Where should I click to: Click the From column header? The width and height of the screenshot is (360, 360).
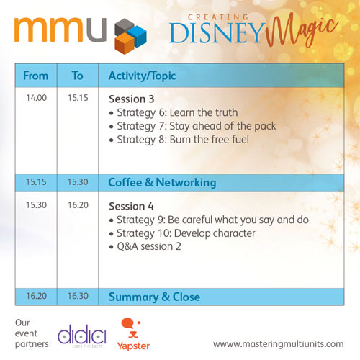coord(36,76)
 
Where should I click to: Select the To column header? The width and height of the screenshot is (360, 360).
coord(78,76)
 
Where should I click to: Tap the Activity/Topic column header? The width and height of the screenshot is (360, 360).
coord(143,76)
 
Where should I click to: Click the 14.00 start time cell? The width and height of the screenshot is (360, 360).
coord(37,98)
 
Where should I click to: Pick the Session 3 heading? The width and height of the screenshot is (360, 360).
coord(132,99)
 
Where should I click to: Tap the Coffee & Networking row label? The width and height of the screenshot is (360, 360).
coord(162,183)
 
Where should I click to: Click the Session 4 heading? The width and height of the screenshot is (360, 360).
coord(131,206)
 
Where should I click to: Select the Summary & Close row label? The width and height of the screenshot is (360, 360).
coord(154,297)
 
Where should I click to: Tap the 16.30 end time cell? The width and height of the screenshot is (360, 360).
coord(78,296)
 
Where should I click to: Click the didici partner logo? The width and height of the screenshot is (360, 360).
coord(82,336)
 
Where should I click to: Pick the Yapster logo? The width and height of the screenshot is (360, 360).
coord(133,334)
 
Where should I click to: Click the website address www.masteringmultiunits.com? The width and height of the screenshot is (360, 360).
coord(279,344)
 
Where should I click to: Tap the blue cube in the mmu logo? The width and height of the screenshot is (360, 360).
coord(137,36)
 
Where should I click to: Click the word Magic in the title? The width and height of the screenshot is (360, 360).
coord(302,31)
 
